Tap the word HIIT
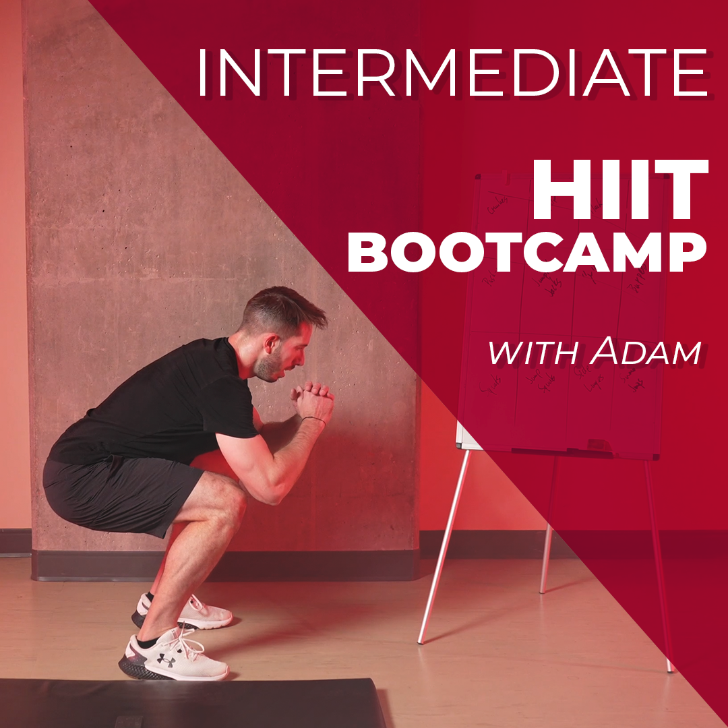coord(619,192)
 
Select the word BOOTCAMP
coord(526,254)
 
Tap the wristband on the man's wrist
coord(313,421)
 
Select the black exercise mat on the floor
coord(189,704)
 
